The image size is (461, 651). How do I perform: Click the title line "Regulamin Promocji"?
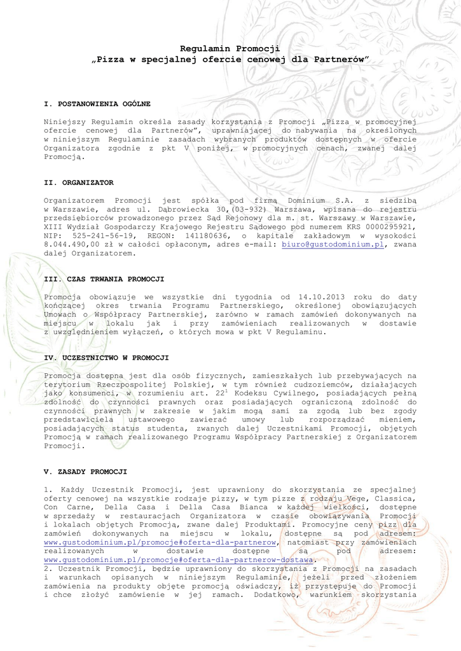(x=230, y=48)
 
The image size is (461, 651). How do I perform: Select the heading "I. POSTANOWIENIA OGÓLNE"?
(x=97, y=103)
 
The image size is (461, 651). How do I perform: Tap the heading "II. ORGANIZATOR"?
(x=79, y=182)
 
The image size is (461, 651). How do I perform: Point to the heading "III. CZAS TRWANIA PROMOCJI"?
(x=104, y=279)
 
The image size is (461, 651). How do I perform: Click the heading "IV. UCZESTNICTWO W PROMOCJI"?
(x=106, y=358)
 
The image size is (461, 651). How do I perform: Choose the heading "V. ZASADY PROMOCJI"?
(x=85, y=472)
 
